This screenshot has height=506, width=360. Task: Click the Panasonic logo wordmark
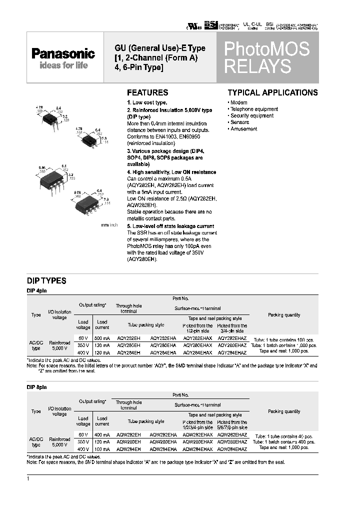(63, 54)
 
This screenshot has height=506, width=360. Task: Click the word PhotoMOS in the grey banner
(266, 49)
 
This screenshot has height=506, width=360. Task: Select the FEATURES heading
(147, 92)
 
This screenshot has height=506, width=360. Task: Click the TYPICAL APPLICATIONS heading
(272, 92)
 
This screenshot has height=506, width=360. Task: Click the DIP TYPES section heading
(46, 281)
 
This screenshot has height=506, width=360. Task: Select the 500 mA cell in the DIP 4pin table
(102, 338)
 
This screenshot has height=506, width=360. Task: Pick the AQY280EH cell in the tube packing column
(128, 345)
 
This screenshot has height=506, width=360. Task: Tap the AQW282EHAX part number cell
(198, 435)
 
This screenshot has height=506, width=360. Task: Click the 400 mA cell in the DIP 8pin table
(102, 435)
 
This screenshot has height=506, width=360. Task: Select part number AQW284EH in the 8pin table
(128, 449)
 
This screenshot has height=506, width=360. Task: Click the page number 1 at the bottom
(28, 479)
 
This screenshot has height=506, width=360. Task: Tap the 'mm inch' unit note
(109, 225)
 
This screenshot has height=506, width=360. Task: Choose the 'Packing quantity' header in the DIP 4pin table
(284, 315)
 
